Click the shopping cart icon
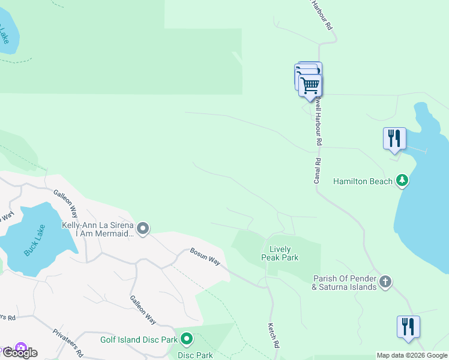point(310,85)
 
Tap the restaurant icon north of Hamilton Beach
point(394,138)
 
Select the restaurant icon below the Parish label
point(408,327)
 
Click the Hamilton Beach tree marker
point(402,181)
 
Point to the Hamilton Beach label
point(363,181)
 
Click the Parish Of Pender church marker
point(385,281)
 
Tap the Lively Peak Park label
point(280,253)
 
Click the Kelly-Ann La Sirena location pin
point(143,228)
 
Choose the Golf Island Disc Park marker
point(187,340)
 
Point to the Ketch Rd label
point(273,336)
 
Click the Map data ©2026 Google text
point(412,355)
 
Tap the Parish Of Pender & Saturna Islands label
point(345,283)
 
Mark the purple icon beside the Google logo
point(22,347)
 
